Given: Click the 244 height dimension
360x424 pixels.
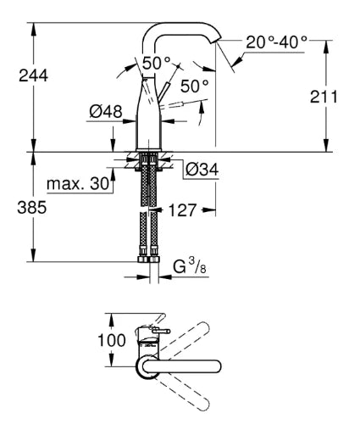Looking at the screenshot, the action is [x=33, y=75].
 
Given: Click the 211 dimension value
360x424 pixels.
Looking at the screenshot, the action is [x=324, y=97].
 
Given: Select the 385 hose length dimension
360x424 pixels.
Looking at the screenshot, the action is [x=32, y=208].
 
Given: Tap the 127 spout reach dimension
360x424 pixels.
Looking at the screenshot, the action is [x=182, y=210].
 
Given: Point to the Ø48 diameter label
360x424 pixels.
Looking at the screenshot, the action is [x=106, y=111].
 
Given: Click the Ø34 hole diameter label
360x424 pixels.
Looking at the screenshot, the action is [x=202, y=170].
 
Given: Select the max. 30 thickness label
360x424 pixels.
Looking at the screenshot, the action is [x=78, y=184].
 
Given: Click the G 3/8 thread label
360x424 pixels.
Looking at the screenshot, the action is [x=190, y=267].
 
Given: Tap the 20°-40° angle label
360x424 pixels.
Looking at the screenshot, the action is [x=276, y=42].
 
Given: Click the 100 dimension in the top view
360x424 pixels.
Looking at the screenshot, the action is [x=112, y=340].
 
